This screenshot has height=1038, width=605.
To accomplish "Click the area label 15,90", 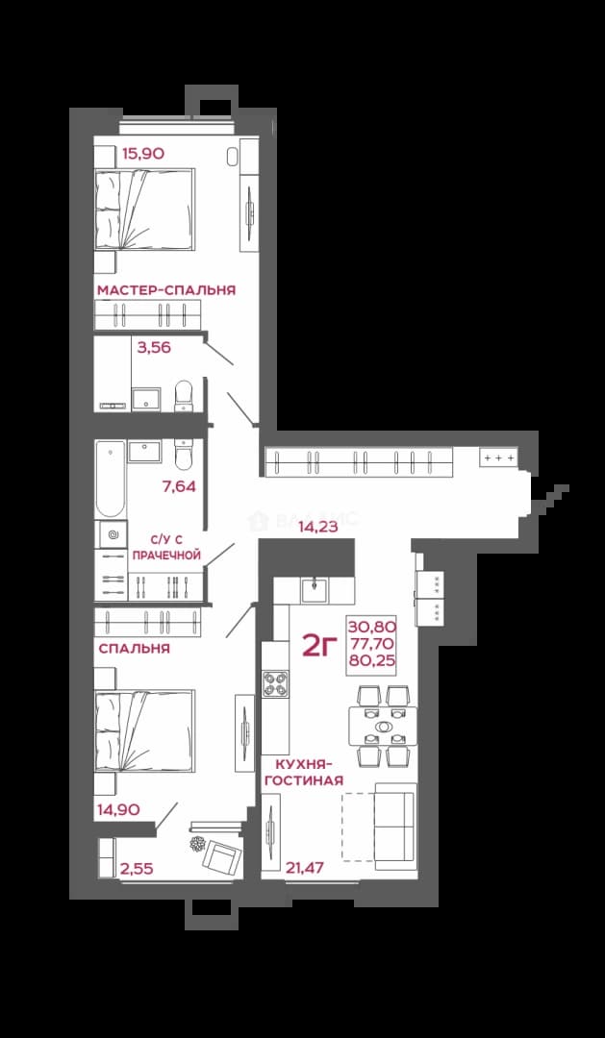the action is (143, 154).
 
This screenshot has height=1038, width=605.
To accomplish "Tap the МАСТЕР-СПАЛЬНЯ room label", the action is (166, 290).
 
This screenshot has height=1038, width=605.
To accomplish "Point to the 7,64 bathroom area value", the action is (179, 487).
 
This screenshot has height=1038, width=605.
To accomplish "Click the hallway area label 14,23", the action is (318, 527).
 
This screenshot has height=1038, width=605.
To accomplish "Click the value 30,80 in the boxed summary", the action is (371, 626).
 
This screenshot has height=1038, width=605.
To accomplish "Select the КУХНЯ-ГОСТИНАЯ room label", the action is (304, 773).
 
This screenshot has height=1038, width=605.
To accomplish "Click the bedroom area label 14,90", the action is (118, 809).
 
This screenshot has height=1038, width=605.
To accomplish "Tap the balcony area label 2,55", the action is (137, 869).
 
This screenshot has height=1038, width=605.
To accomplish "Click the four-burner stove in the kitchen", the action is (276, 684).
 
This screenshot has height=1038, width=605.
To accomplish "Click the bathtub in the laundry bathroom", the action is (110, 478).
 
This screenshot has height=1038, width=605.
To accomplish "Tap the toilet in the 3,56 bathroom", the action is (183, 395).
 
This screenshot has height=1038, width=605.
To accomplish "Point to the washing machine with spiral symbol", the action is (111, 533).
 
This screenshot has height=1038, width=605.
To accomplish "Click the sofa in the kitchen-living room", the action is (395, 827).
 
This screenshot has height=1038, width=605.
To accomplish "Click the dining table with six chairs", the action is (383, 727).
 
